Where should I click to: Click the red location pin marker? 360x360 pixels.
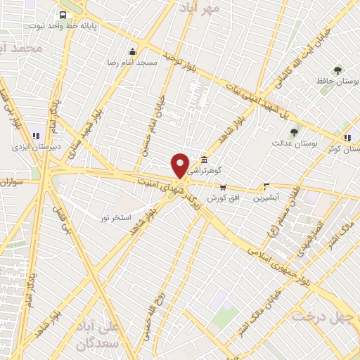click(180, 165)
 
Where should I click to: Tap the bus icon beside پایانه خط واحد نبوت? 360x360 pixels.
click(64, 15)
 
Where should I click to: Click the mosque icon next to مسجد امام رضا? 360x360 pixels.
click(133, 51)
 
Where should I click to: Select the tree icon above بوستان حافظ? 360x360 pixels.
click(337, 70)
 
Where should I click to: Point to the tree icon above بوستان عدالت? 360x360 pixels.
click(293, 131)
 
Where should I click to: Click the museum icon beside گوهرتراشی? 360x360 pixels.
click(204, 159)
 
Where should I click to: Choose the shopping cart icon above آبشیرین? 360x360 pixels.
click(266, 187)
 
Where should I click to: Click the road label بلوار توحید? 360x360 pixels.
click(179, 61)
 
